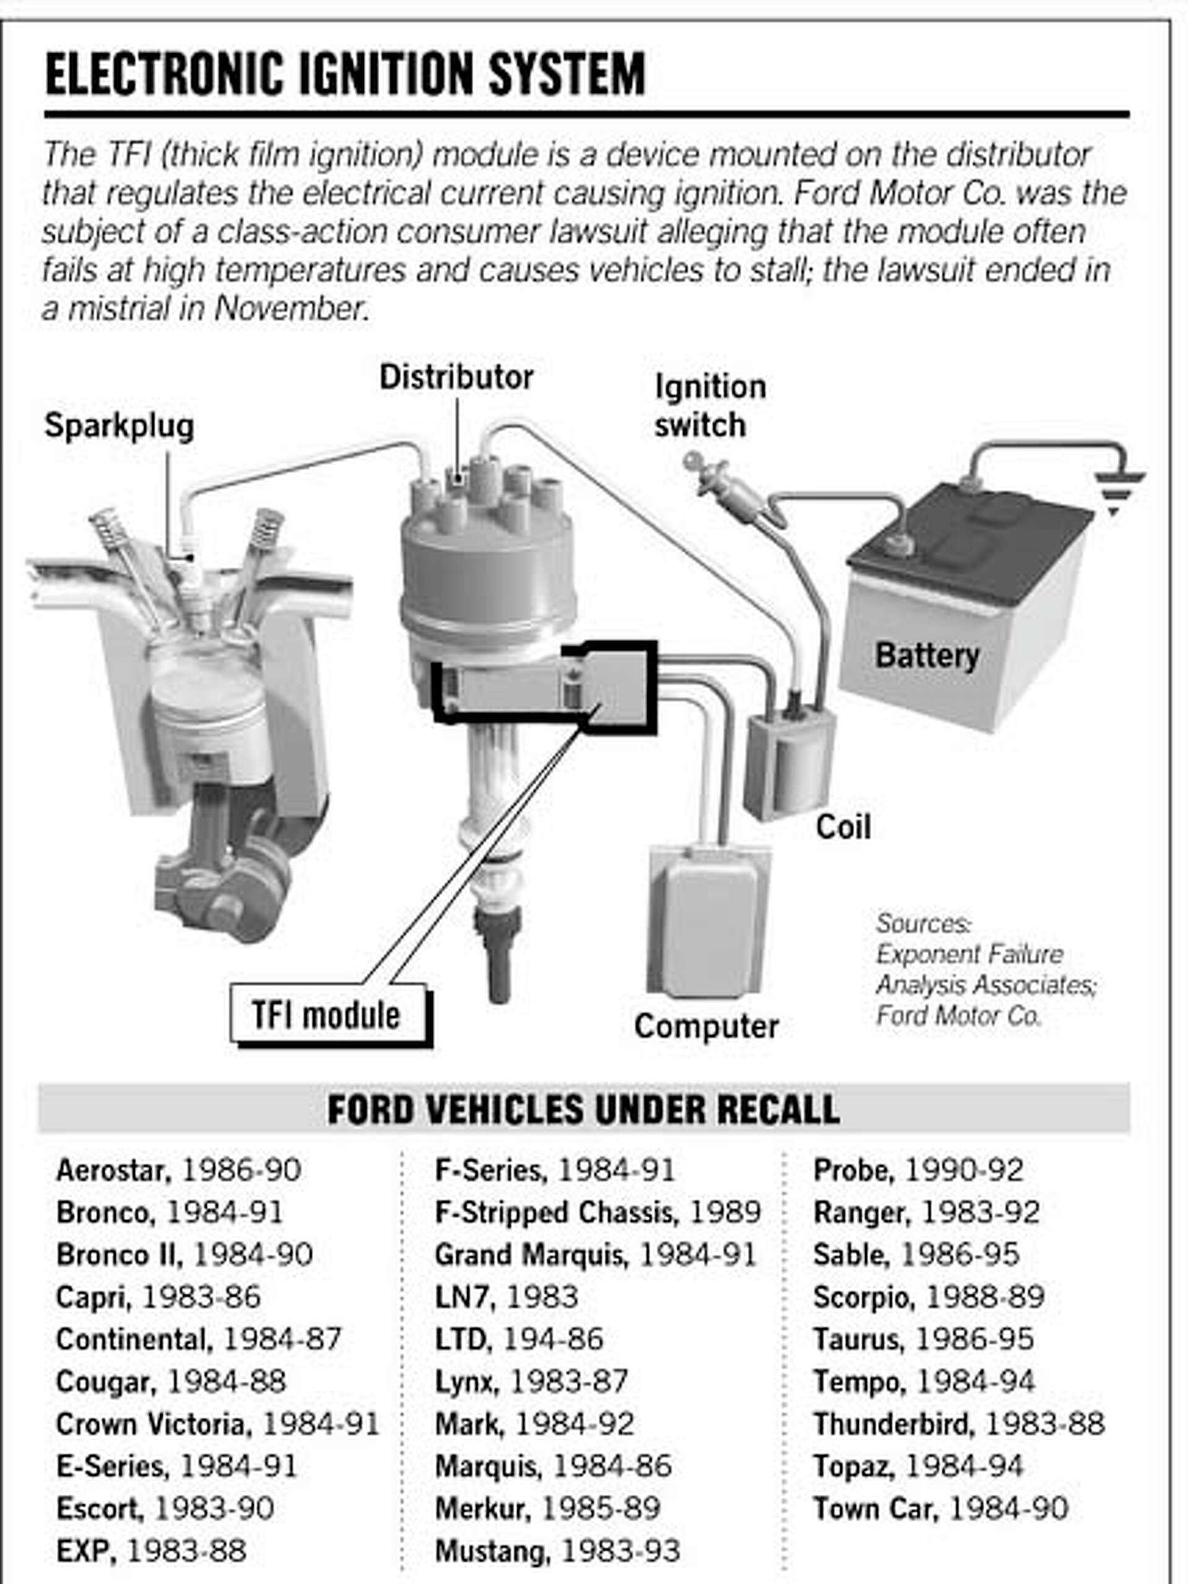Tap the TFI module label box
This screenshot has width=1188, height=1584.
[x=327, y=1015]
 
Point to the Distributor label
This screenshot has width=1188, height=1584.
[x=456, y=377]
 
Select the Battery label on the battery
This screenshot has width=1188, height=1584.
[x=927, y=655]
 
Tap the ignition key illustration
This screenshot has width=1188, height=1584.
[x=723, y=487]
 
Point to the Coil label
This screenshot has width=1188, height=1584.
[x=843, y=827]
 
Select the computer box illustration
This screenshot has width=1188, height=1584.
[x=709, y=924]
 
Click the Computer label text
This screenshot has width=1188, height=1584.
[x=706, y=1026]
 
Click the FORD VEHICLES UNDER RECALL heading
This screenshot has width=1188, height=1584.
[x=583, y=1109]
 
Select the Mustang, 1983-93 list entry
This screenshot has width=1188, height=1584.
[x=556, y=1551]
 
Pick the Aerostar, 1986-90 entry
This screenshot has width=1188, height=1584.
[x=178, y=1170]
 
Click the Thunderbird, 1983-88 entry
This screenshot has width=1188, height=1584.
[x=958, y=1424]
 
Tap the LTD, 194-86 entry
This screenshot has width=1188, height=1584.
[x=519, y=1339]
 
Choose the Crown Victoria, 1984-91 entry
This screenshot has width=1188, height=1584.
[x=217, y=1424]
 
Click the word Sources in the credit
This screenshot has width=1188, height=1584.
[x=923, y=923]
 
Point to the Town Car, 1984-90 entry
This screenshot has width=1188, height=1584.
[x=940, y=1509]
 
